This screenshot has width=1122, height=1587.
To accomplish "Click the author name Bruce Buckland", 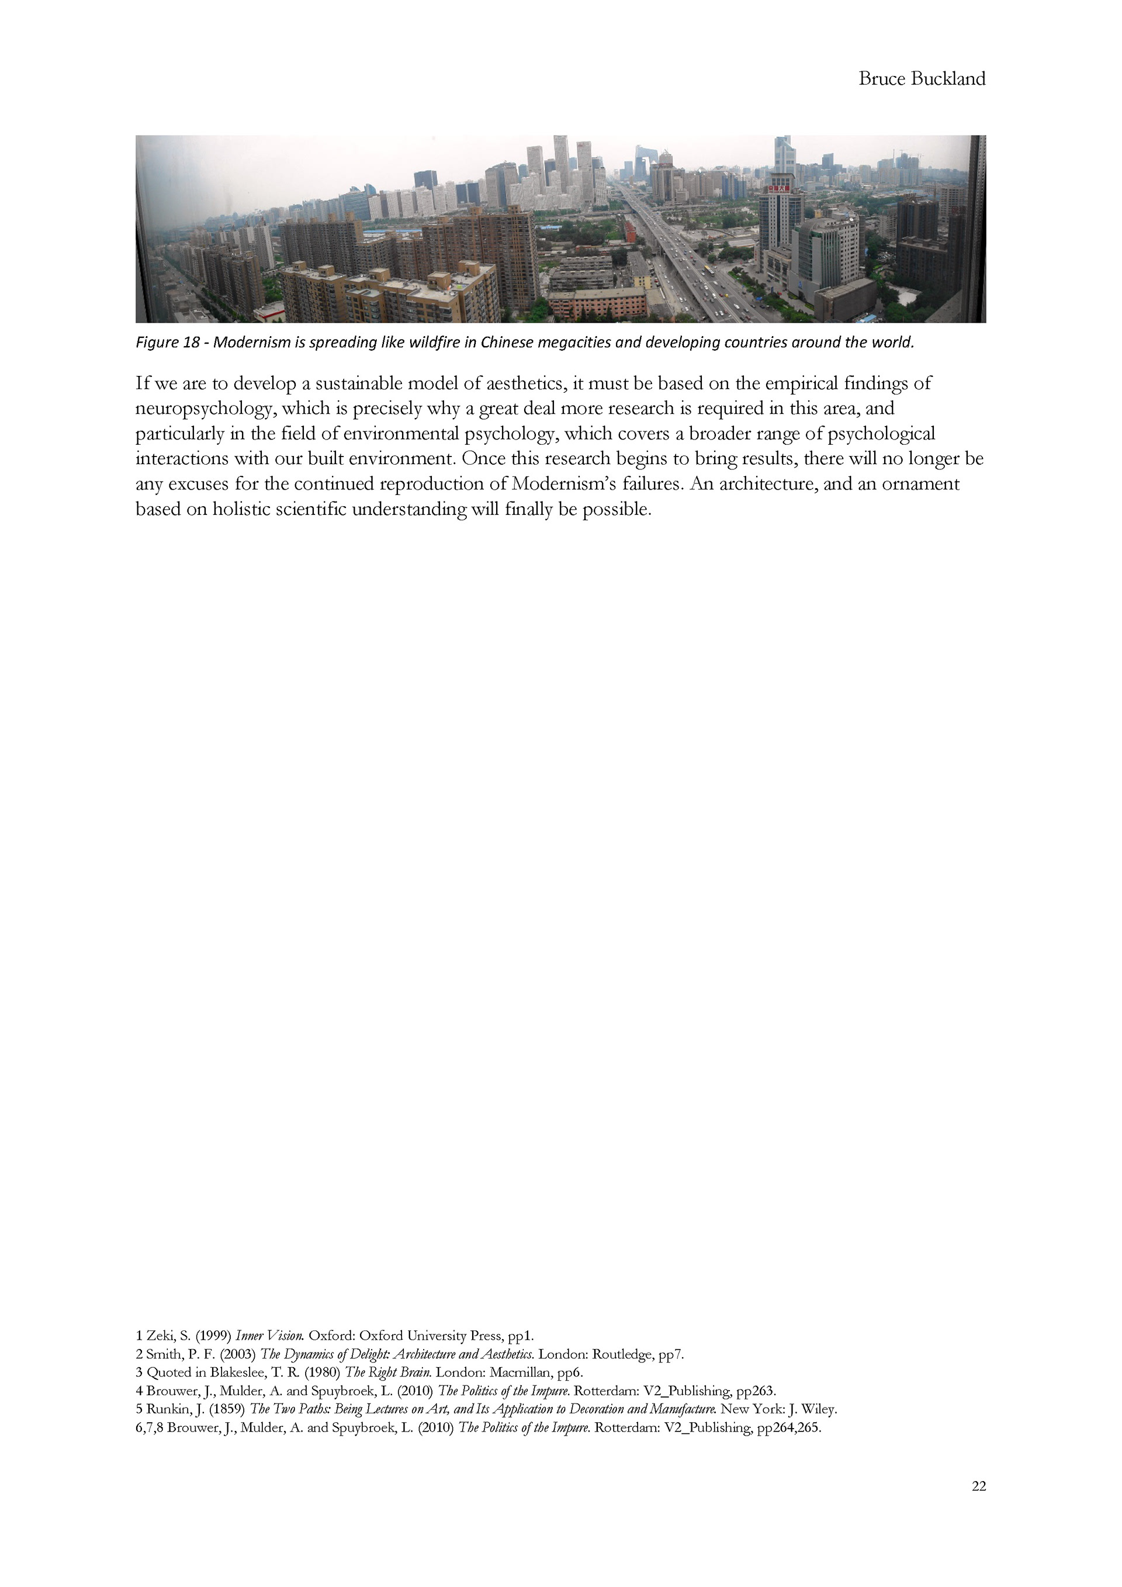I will [922, 79].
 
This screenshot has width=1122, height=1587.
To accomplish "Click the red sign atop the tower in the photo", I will [778, 187].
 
